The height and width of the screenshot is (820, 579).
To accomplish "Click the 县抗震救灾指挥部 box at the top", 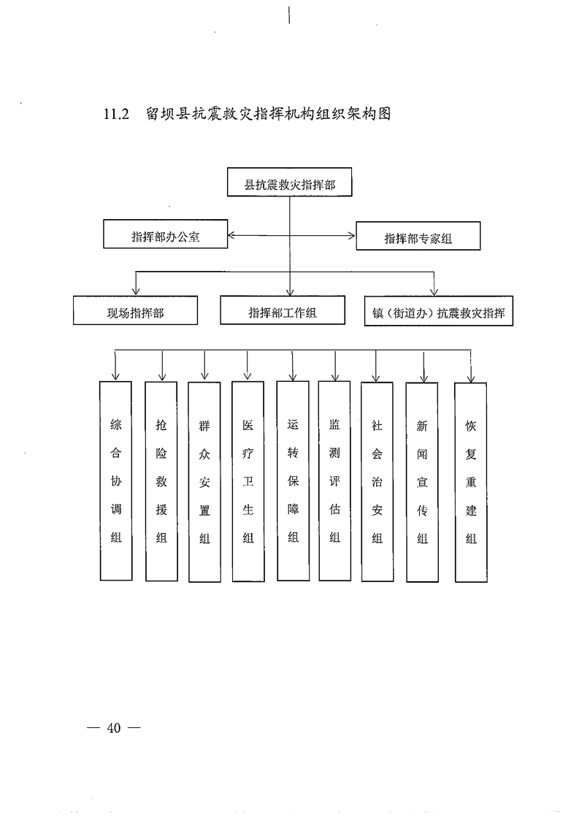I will pyautogui.click(x=290, y=184).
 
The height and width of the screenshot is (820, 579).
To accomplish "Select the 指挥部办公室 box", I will pyautogui.click(x=166, y=236).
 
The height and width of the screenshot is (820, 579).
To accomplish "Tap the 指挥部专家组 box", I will pyautogui.click(x=418, y=237).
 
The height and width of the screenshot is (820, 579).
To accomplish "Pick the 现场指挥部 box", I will pyautogui.click(x=135, y=313).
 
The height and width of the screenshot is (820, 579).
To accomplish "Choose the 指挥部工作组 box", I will pyautogui.click(x=282, y=312).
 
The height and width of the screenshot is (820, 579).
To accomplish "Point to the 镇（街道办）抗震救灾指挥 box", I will pyautogui.click(x=438, y=313).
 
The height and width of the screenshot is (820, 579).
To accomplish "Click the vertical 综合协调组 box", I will pyautogui.click(x=115, y=480).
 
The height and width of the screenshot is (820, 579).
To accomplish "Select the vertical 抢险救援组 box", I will pyautogui.click(x=161, y=480).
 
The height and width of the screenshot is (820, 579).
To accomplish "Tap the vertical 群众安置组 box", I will pyautogui.click(x=204, y=482).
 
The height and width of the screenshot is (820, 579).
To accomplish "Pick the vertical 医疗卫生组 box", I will pyautogui.click(x=248, y=482).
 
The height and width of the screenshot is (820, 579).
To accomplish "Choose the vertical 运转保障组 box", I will pyautogui.click(x=293, y=480).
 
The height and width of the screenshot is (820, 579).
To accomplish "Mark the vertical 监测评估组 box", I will pyautogui.click(x=334, y=480).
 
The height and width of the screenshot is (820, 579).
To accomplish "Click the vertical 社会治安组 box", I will pyautogui.click(x=377, y=482).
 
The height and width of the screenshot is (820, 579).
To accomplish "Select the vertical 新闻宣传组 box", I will pyautogui.click(x=422, y=482).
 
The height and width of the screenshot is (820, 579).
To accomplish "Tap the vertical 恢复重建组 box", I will pyautogui.click(x=471, y=482).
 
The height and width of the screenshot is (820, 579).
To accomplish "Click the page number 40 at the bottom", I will pyautogui.click(x=112, y=727).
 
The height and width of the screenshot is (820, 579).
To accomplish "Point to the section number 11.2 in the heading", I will pyautogui.click(x=115, y=115).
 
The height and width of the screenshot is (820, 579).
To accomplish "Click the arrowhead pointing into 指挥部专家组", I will pyautogui.click(x=351, y=236).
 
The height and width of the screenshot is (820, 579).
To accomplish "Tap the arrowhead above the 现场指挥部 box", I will pyautogui.click(x=136, y=291).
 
